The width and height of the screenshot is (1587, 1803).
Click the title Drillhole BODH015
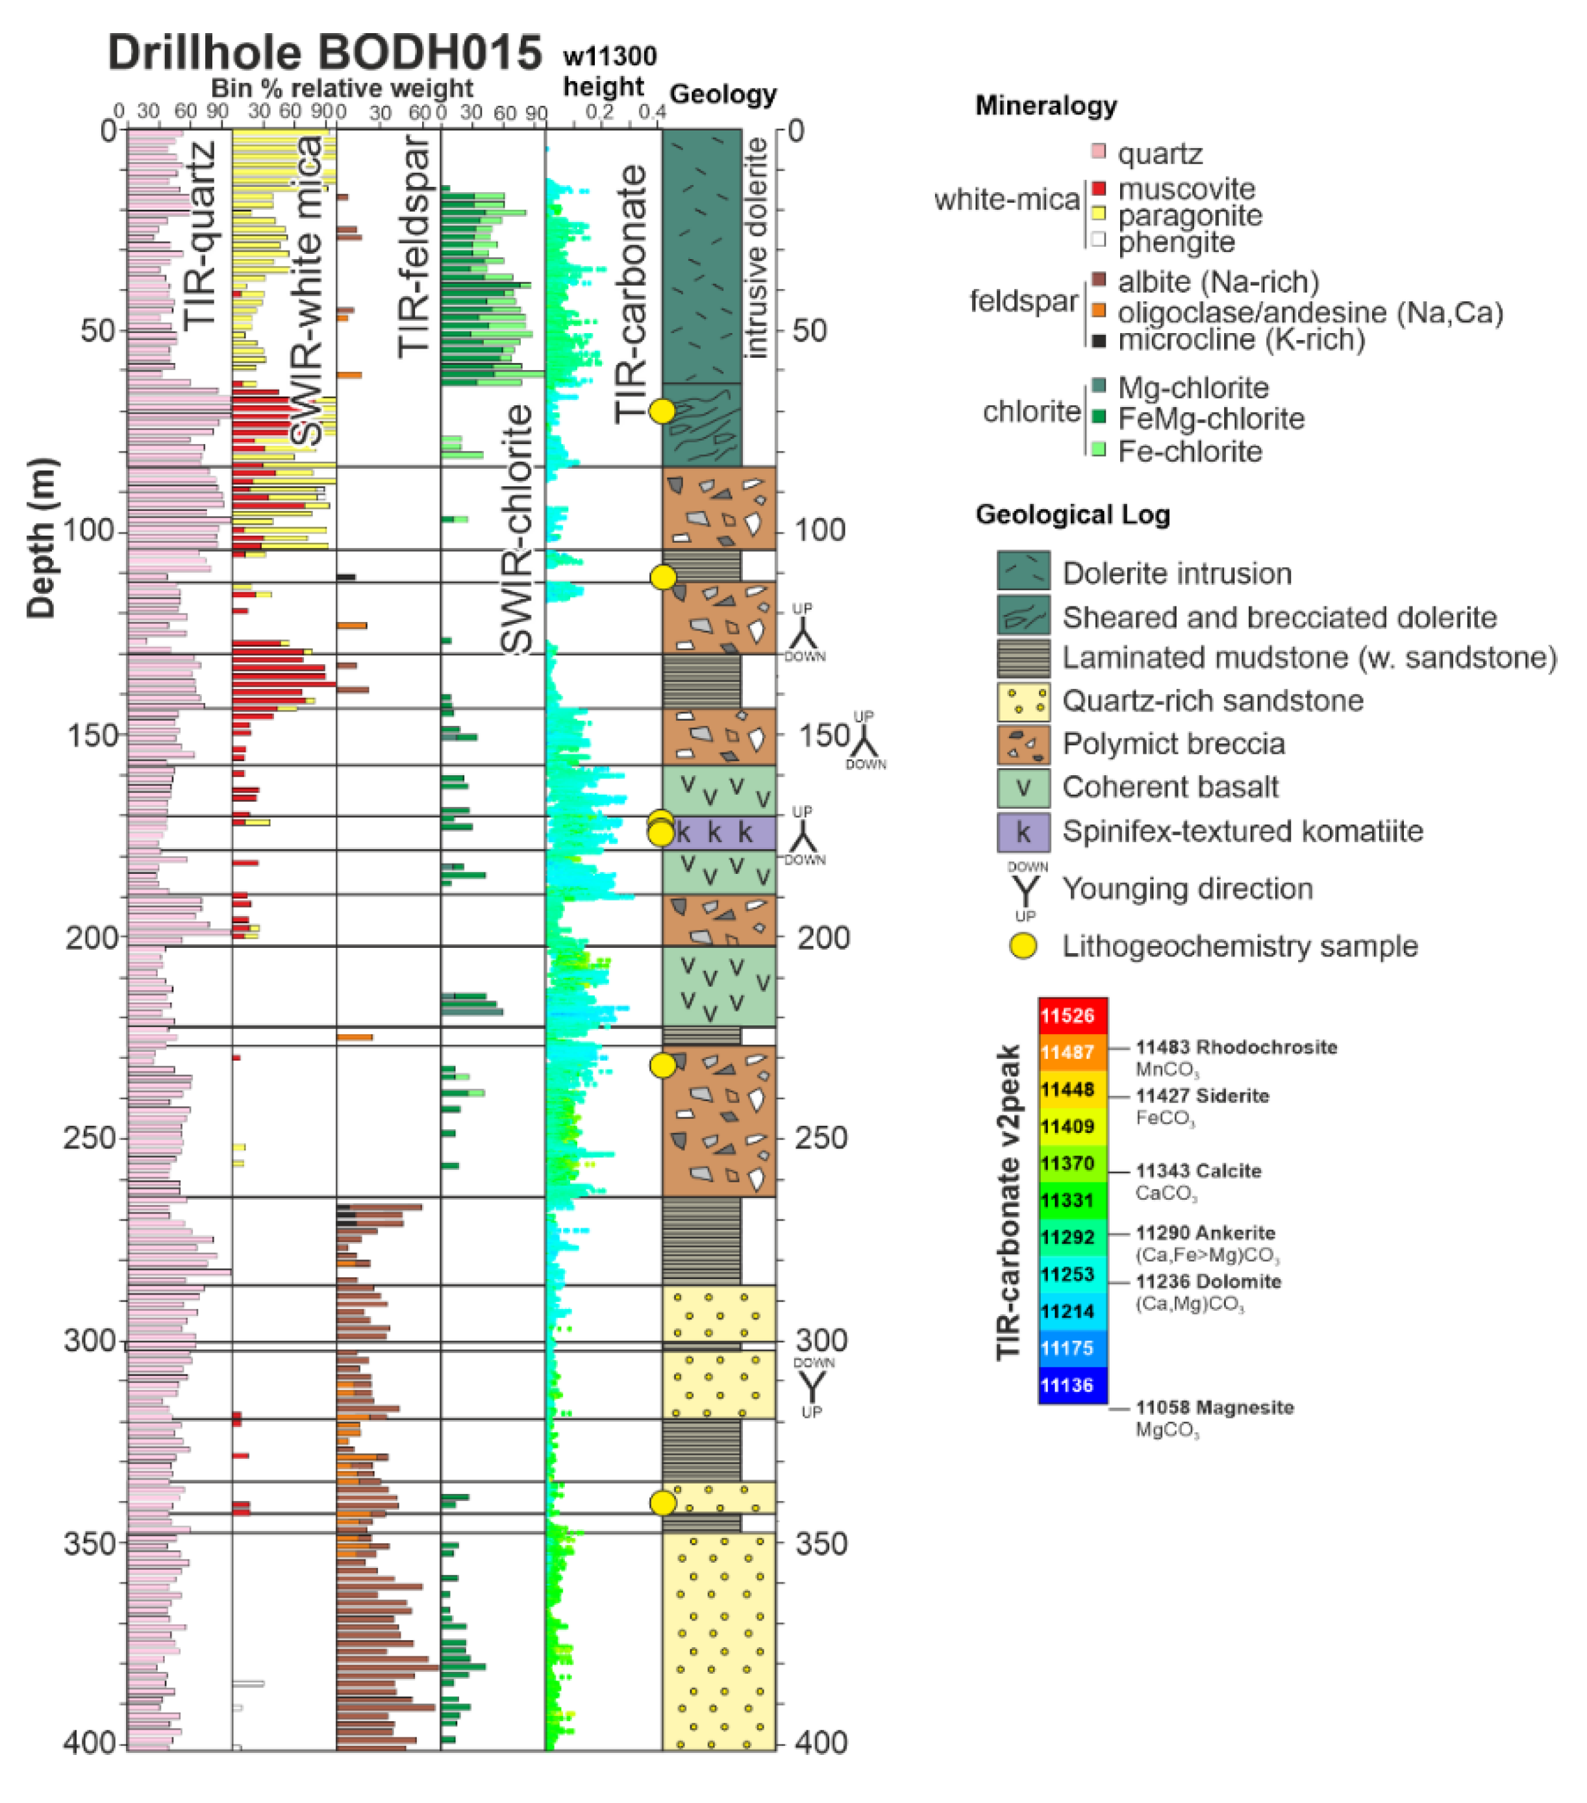click(324, 53)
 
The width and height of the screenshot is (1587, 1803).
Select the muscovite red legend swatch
click(1098, 188)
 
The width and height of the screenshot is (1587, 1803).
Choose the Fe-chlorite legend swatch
click(1098, 450)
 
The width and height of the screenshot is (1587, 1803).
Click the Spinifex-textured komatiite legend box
click(1023, 831)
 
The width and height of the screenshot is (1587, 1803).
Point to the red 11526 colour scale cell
click(1073, 1015)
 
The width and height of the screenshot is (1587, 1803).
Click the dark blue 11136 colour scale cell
click(1073, 1385)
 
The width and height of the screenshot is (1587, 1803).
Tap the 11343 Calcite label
click(1198, 1171)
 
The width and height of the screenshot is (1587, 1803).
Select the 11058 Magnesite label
click(1214, 1408)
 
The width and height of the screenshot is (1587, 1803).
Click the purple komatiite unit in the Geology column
click(719, 833)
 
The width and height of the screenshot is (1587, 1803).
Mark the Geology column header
click(723, 94)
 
